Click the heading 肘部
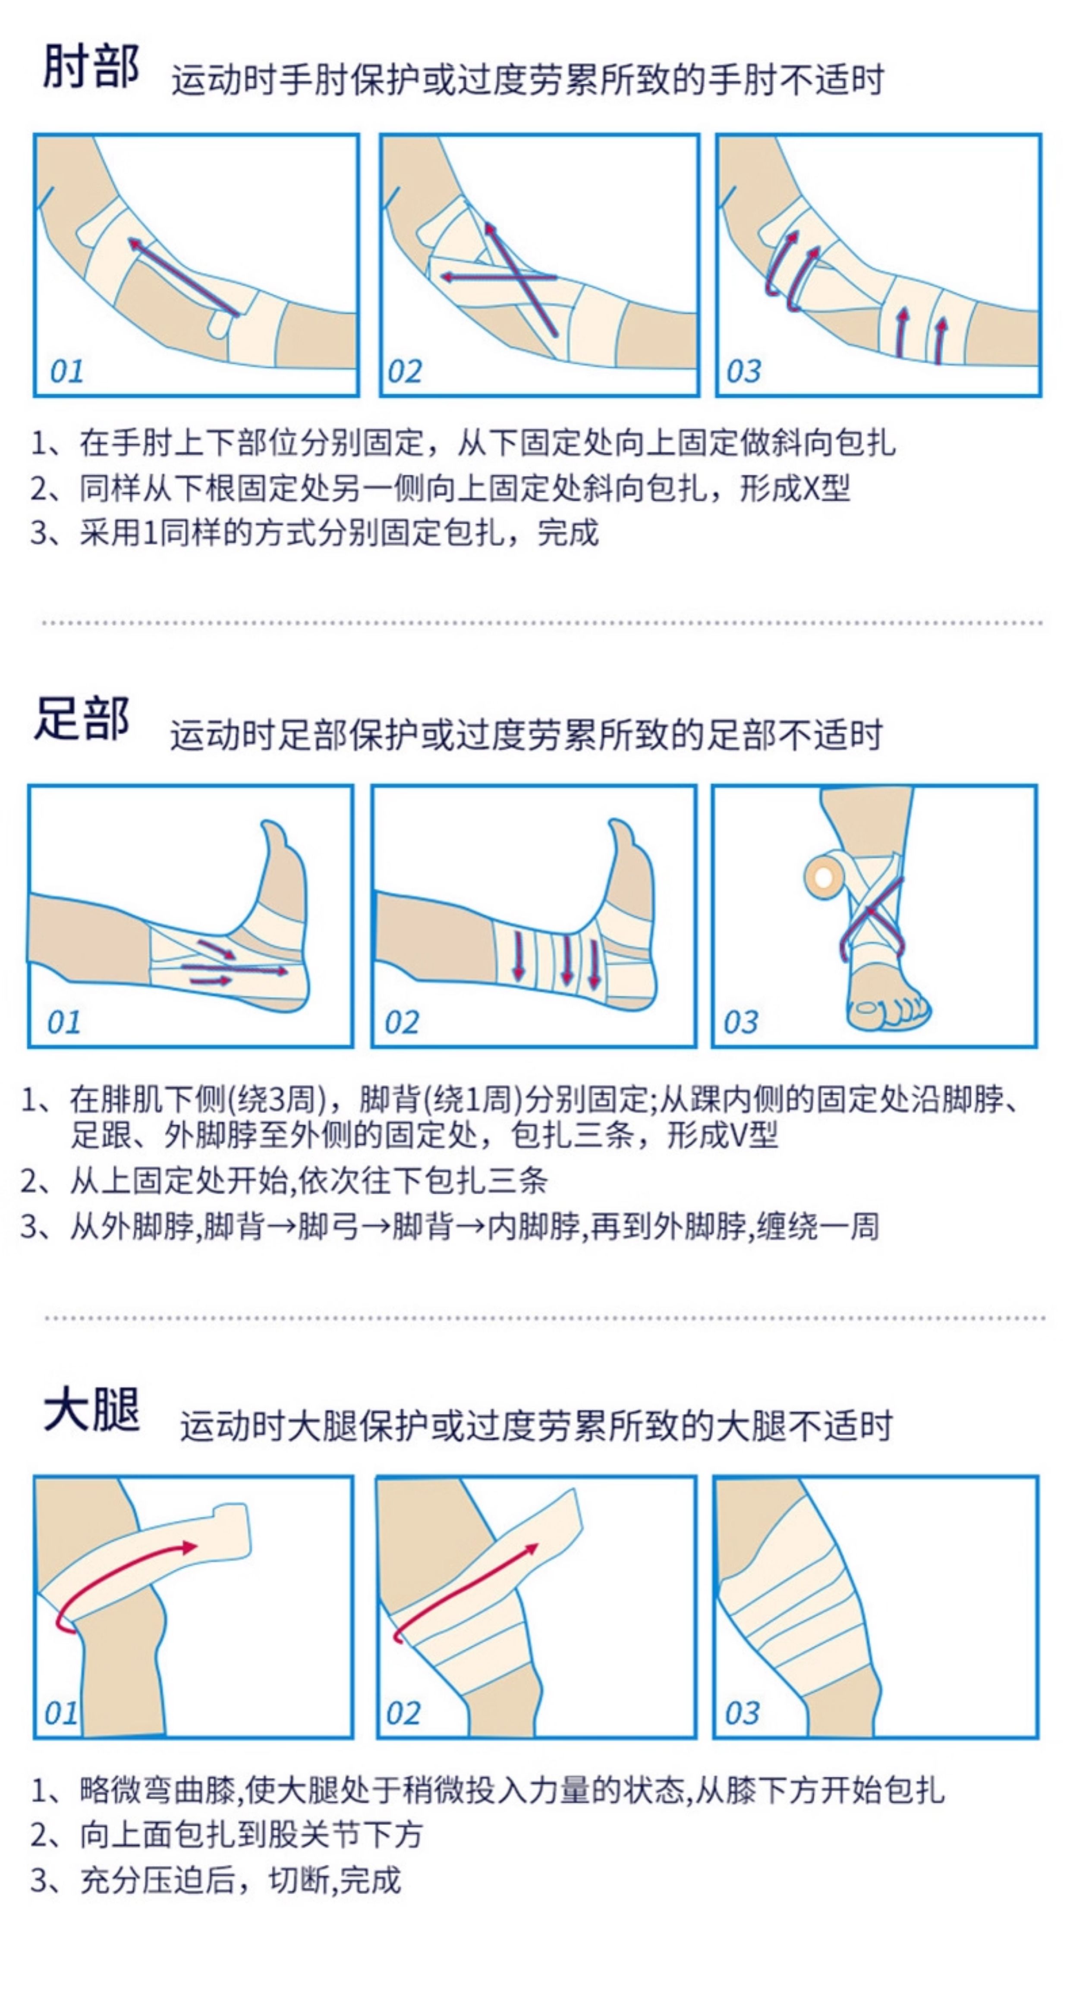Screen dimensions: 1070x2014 tap(91, 66)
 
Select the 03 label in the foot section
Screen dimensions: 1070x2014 tap(740, 1022)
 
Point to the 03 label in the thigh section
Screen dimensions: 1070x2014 tap(742, 1713)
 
